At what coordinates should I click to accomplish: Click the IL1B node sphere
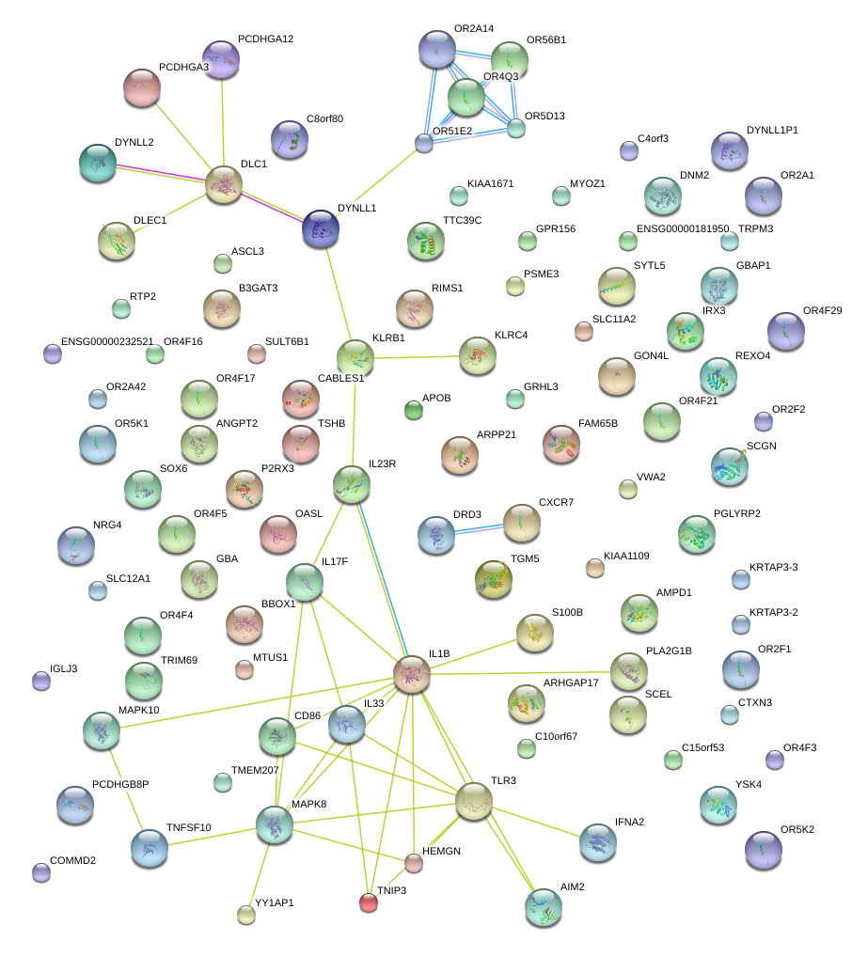[x=412, y=674]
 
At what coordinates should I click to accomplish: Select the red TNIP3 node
[x=369, y=902]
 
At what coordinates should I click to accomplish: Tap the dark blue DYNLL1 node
[x=321, y=228]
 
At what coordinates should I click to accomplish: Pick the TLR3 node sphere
[x=474, y=801]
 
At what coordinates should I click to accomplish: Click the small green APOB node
[x=414, y=410]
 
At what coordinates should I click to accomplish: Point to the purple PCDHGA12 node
[x=221, y=59]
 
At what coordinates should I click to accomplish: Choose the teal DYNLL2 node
[x=98, y=163]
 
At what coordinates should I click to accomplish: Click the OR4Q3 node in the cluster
[x=466, y=97]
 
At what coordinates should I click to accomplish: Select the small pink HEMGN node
[x=414, y=863]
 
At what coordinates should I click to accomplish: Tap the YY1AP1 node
[x=246, y=915]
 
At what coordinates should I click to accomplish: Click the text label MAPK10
[x=138, y=710]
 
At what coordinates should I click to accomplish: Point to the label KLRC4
[x=512, y=335]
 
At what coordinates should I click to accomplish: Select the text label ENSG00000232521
[x=107, y=342]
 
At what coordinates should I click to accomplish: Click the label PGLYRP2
[x=737, y=514]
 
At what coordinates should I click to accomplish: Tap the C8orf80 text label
[x=325, y=119]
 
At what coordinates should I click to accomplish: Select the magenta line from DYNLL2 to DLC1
[x=161, y=172]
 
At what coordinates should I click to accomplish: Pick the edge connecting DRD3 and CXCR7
[x=479, y=529]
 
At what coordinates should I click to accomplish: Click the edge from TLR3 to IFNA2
[x=536, y=823]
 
